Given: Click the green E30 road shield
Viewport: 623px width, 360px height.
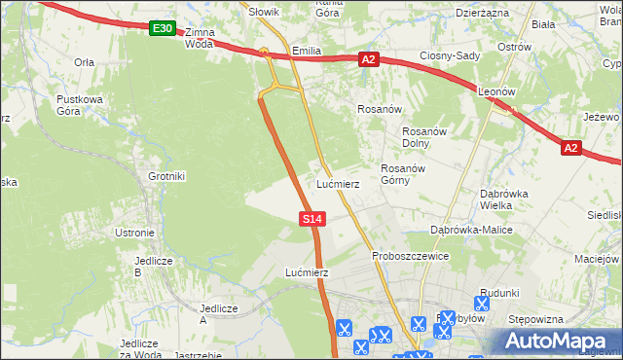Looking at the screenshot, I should [x=163, y=29].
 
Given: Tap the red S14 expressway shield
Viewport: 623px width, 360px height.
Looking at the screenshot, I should [x=311, y=220].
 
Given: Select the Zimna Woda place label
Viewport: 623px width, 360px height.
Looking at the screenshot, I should [x=198, y=38].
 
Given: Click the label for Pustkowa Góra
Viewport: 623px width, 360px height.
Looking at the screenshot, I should [x=81, y=106].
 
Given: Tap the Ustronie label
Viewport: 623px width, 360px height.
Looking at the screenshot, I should [x=134, y=233].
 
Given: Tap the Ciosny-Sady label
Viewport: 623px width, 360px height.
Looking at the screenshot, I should [x=450, y=55].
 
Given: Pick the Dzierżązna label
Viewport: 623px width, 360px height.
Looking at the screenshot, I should [x=482, y=13].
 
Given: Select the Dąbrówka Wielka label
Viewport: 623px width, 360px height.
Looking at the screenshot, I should [x=503, y=198].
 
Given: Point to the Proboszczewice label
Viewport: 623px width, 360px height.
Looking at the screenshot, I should [x=410, y=256].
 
